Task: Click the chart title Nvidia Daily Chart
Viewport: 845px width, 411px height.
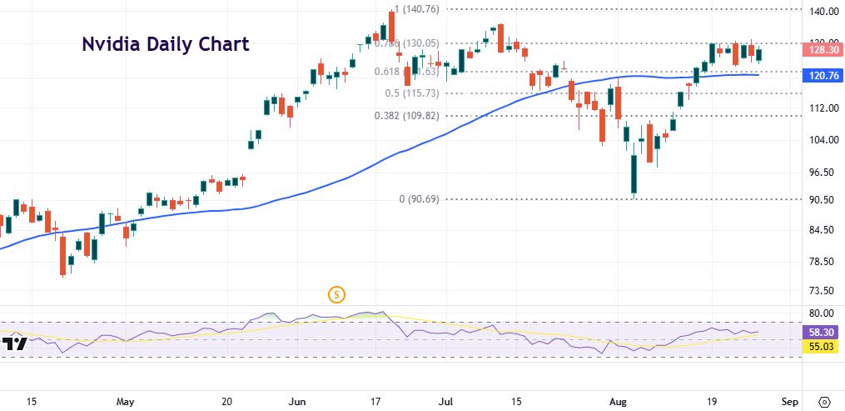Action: [165, 44]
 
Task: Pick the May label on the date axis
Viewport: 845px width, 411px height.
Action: [125, 401]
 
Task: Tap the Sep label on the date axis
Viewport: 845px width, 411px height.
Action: [791, 401]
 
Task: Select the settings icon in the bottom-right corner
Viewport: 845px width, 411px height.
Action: [825, 401]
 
